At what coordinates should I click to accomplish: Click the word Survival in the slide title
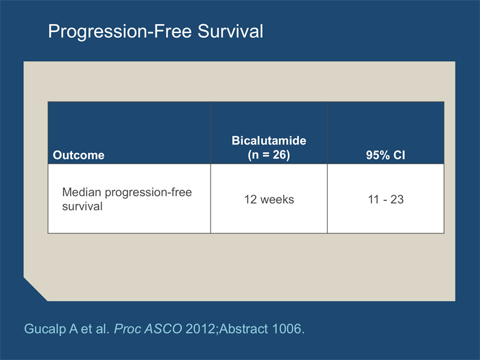tap(230, 31)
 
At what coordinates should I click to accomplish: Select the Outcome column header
tap(79, 155)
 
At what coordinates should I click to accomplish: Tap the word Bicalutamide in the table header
tap(269, 140)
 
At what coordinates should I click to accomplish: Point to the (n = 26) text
tap(269, 155)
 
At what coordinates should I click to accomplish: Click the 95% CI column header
tap(385, 155)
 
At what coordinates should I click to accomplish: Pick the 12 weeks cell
tap(269, 200)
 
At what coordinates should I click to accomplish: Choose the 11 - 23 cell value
tap(386, 200)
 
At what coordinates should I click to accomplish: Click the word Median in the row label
tap(82, 192)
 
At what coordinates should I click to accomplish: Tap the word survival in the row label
tap(82, 206)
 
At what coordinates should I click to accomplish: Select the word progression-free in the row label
tap(148, 193)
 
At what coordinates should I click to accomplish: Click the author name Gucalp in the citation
tap(46, 329)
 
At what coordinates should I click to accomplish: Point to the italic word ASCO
tap(163, 329)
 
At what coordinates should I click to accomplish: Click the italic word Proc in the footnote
tap(127, 329)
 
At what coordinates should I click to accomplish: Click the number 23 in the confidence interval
tap(397, 200)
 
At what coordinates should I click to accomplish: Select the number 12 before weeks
tap(250, 200)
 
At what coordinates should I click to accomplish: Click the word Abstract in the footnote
tap(244, 329)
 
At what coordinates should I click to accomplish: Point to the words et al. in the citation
tap(95, 329)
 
